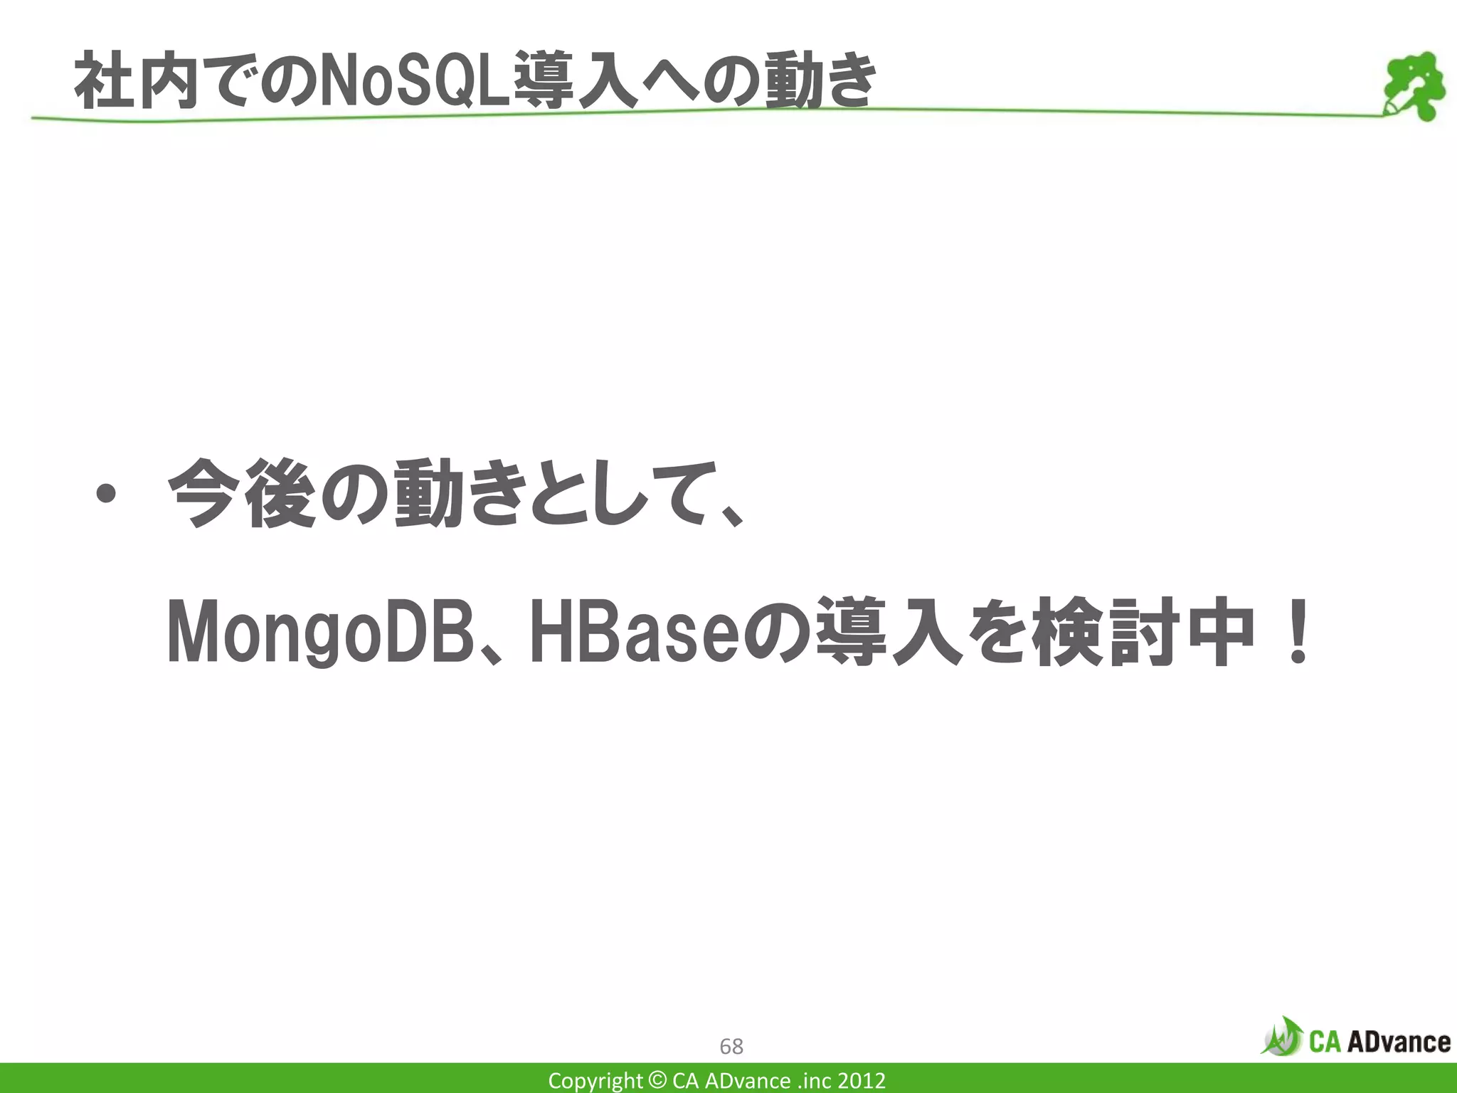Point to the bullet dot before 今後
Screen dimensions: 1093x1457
(106, 494)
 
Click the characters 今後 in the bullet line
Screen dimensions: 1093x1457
(241, 494)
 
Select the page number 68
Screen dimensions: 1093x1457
(731, 1046)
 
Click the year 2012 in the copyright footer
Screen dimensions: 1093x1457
(862, 1081)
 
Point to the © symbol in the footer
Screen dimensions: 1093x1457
(658, 1081)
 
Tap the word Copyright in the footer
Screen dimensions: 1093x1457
(595, 1081)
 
